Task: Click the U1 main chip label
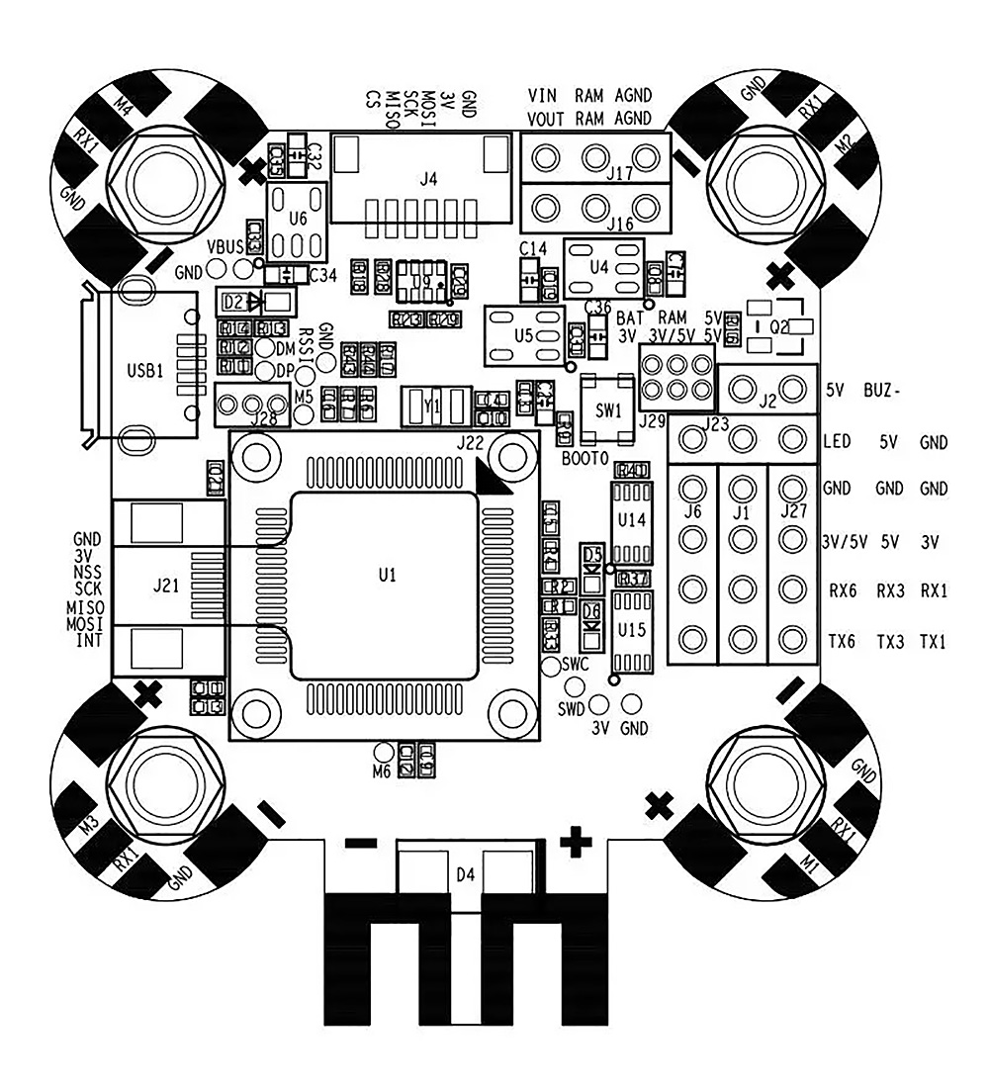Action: tap(387, 575)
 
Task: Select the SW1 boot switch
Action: tap(607, 408)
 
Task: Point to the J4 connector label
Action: tap(427, 179)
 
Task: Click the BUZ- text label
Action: tap(882, 389)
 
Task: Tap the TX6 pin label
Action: tap(843, 642)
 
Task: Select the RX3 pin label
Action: tap(894, 591)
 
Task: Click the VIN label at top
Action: tap(542, 96)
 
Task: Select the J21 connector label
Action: tap(166, 585)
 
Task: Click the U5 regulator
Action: tap(524, 336)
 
